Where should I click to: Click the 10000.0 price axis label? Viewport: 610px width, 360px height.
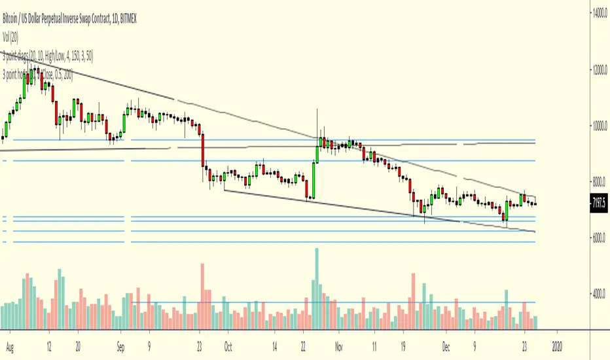point(596,126)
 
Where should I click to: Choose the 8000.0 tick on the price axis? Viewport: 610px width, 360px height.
point(596,183)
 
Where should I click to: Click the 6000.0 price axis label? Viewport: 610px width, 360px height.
point(596,239)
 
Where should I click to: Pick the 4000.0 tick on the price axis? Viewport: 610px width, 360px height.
point(596,296)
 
